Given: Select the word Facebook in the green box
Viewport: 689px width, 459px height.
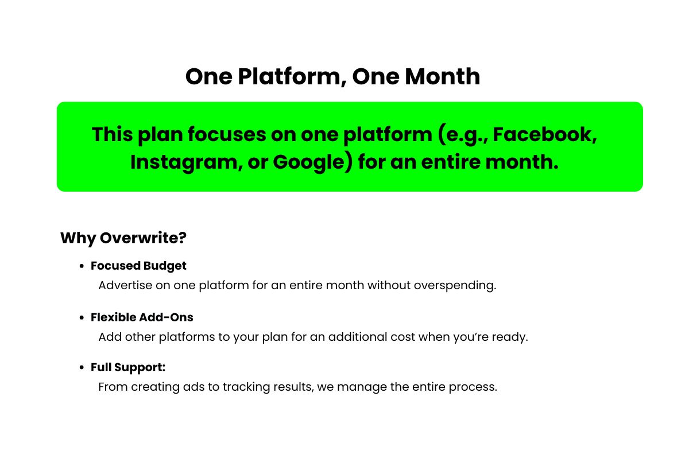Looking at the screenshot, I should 542,134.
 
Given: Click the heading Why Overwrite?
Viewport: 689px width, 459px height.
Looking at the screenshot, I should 123,238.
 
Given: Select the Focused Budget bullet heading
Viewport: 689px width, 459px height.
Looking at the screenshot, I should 138,266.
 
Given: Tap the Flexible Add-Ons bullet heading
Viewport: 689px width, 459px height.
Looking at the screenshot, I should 142,317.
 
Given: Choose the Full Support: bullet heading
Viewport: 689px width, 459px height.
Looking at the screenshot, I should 128,367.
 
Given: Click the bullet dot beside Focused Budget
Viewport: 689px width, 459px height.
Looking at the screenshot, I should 82,266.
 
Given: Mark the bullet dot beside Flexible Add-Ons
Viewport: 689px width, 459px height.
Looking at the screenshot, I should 82,318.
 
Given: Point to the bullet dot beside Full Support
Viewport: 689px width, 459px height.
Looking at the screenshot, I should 82,368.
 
